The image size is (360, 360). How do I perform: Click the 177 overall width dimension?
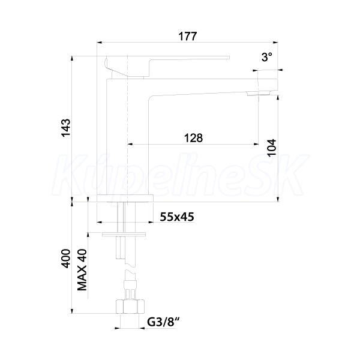[188, 36]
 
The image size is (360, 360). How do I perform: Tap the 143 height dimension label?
[65, 128]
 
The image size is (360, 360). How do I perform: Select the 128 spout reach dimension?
[193, 138]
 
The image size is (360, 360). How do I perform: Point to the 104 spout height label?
[272, 148]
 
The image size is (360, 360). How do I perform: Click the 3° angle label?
[267, 57]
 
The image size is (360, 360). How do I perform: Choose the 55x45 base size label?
[177, 217]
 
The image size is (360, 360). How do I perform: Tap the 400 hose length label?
[65, 259]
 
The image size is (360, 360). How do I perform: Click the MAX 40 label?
[82, 270]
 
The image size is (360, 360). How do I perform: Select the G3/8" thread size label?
[163, 322]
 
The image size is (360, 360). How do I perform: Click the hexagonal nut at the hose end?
[130, 307]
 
